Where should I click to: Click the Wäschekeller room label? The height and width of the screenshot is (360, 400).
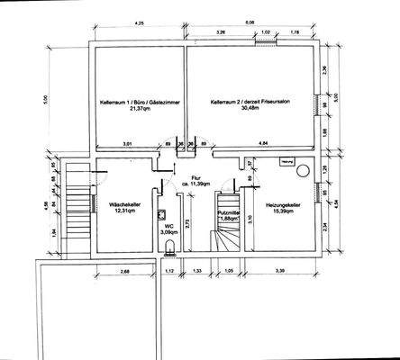pyautogui.click(x=126, y=204)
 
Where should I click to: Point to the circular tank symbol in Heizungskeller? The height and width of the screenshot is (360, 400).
pyautogui.click(x=304, y=170)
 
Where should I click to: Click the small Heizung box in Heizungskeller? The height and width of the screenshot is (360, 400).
pyautogui.click(x=287, y=162)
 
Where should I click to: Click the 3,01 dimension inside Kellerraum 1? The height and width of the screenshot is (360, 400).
pyautogui.click(x=127, y=144)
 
